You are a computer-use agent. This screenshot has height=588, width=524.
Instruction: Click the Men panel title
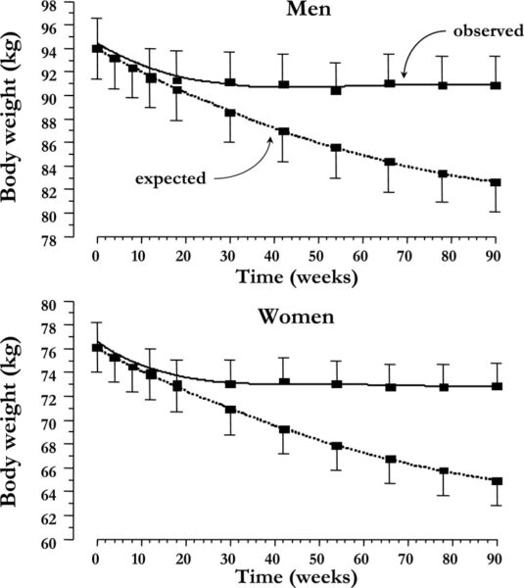(x=309, y=8)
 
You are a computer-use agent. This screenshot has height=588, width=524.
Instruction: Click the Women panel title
(x=296, y=317)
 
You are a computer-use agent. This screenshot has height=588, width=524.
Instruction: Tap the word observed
(x=489, y=30)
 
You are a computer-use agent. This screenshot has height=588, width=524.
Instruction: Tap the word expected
(x=170, y=178)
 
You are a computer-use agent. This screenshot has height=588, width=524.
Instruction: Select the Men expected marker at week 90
(x=496, y=182)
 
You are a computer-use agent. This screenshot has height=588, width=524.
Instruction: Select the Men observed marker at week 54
(x=336, y=90)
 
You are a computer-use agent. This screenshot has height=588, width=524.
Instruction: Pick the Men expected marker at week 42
(x=284, y=131)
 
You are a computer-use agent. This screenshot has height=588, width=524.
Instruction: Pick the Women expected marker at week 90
(x=497, y=481)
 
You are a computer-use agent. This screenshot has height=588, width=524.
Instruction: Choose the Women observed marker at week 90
(x=497, y=386)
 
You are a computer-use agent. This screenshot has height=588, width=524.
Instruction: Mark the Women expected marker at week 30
(x=230, y=409)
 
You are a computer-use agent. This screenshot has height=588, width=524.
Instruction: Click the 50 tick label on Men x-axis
(x=316, y=256)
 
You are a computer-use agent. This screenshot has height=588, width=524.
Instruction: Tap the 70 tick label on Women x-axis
(x=405, y=559)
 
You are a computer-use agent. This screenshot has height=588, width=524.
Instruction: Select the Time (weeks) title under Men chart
(x=297, y=277)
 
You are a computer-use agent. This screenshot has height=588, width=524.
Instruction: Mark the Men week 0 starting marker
(x=97, y=48)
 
